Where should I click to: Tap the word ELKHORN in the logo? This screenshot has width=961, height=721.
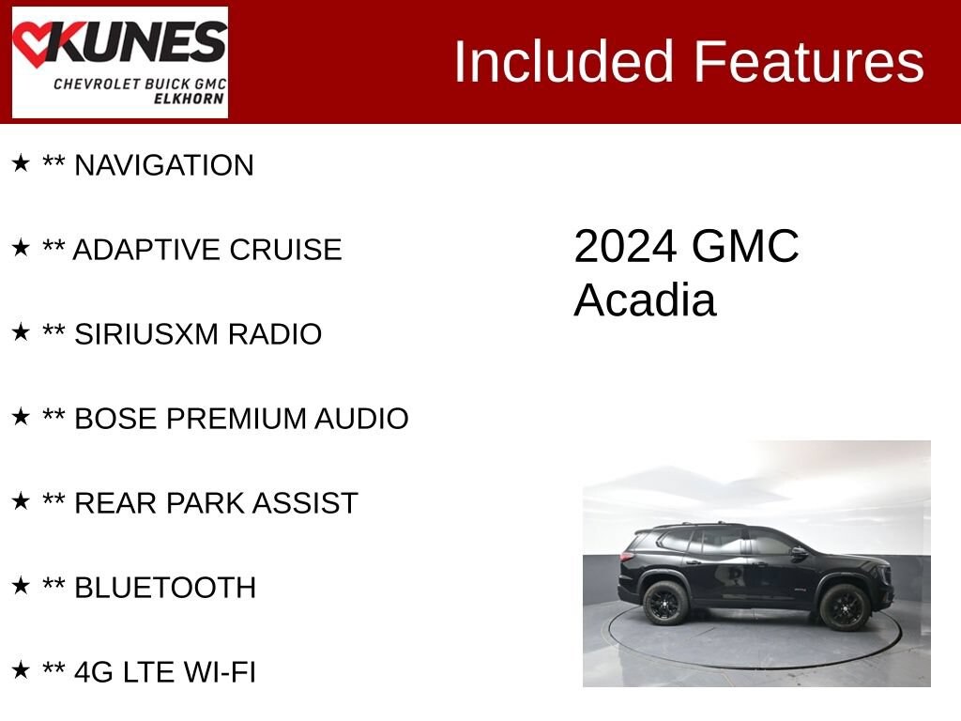(x=188, y=99)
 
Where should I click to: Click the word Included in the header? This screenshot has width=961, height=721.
(x=564, y=61)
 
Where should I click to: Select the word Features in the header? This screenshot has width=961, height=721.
(x=808, y=61)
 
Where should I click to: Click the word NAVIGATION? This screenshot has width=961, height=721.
(x=163, y=165)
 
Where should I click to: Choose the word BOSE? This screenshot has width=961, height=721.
(x=115, y=419)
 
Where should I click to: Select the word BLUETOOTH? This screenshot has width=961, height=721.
(x=165, y=588)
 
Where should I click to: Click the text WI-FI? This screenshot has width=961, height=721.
(x=220, y=672)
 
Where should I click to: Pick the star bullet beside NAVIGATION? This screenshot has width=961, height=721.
(x=21, y=163)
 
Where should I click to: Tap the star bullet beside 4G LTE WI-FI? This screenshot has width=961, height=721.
(x=21, y=669)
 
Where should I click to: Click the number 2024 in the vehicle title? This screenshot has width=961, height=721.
(x=625, y=247)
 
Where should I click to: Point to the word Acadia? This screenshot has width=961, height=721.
(x=645, y=300)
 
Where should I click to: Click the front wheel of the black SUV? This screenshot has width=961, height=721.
(x=844, y=606)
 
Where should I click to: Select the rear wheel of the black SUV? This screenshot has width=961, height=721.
(x=664, y=603)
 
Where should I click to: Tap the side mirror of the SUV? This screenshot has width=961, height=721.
(x=799, y=552)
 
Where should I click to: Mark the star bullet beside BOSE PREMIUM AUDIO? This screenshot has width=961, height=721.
(x=21, y=416)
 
